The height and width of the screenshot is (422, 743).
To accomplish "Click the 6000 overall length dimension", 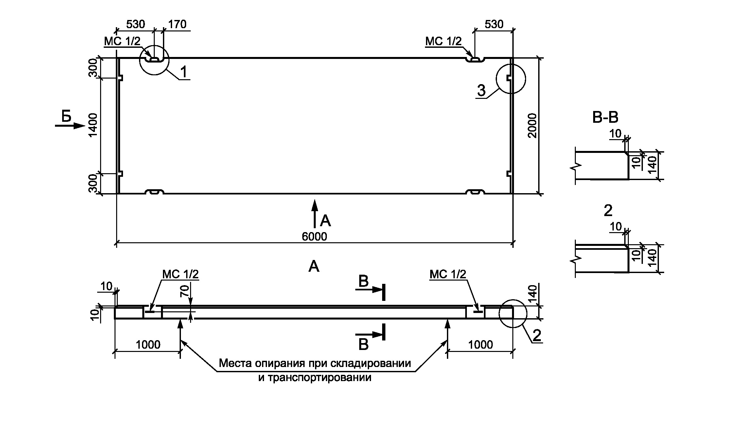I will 314,236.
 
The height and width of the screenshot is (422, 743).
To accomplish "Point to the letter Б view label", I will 66,117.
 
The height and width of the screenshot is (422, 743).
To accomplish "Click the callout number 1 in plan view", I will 184,72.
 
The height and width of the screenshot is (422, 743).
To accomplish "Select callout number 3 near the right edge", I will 481,91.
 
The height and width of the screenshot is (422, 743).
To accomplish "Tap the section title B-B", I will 605,118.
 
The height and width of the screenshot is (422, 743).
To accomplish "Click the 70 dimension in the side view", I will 185,291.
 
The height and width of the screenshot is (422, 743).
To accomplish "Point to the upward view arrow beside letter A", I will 314,213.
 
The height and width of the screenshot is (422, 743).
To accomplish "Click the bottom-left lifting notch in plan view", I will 154,192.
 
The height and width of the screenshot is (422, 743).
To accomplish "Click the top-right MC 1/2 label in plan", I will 443,41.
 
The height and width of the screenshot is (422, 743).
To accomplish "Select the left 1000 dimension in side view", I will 148,344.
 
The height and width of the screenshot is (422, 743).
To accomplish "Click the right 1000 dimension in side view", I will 480,344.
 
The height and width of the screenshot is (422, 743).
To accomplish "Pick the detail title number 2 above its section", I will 608,211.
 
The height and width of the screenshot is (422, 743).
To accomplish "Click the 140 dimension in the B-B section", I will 652,166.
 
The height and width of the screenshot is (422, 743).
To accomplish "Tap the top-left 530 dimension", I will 135,24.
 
